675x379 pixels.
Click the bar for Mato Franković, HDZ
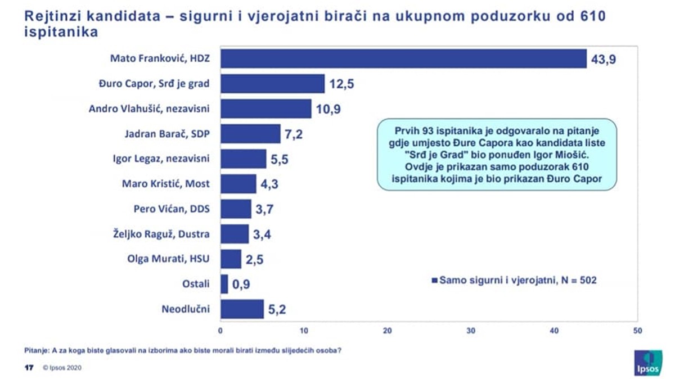[x=402, y=58]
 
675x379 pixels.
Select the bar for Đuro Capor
[x=272, y=84]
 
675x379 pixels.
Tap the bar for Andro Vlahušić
[x=265, y=109]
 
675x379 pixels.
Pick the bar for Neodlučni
[x=242, y=309]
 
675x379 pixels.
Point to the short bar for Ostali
[x=224, y=284]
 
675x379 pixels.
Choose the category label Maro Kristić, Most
[x=165, y=184]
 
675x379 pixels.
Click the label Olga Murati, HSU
[x=168, y=259]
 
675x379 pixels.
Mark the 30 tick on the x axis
[x=470, y=331]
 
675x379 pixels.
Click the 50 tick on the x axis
[x=637, y=331]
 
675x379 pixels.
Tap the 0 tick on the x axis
[x=220, y=331]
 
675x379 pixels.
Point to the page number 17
[x=27, y=368]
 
